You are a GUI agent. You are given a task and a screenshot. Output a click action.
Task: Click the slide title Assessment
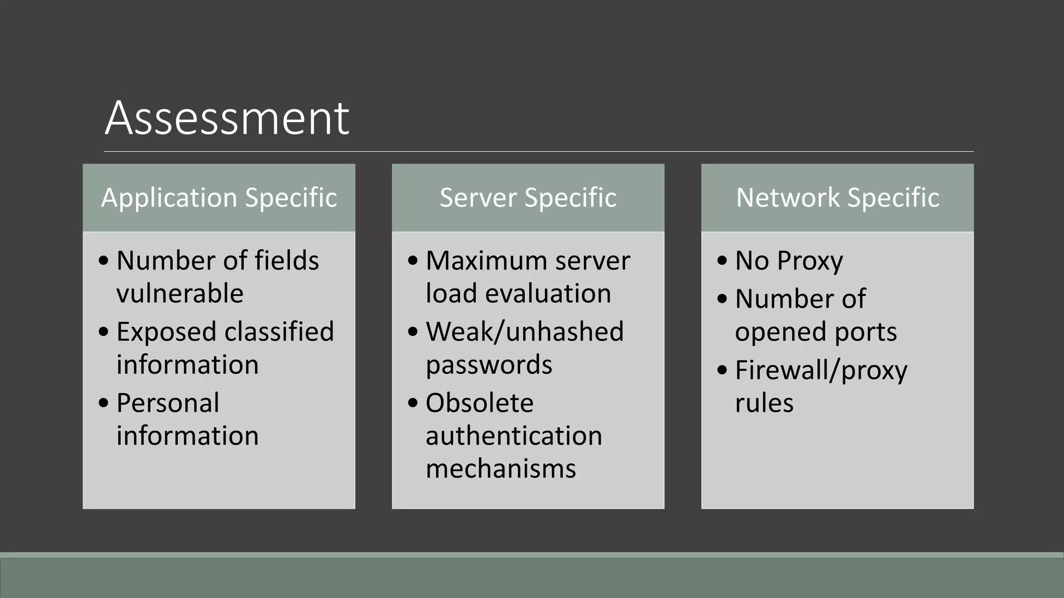(227, 118)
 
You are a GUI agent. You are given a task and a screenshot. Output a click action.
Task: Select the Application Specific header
(219, 198)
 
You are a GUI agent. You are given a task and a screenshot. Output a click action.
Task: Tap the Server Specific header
(528, 198)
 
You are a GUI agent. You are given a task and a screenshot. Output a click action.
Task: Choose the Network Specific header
(837, 198)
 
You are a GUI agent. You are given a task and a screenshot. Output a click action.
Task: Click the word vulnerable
(180, 294)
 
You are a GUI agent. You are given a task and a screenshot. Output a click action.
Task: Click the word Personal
(168, 403)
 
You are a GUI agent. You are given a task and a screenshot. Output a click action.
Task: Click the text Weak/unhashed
(525, 332)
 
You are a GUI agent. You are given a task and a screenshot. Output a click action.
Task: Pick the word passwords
(489, 365)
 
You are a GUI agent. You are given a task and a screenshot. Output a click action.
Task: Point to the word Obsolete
(480, 403)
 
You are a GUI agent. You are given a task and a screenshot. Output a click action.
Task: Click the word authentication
(514, 436)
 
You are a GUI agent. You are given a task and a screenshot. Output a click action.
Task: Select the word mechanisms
(501, 469)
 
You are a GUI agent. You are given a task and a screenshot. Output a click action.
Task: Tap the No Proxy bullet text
(789, 261)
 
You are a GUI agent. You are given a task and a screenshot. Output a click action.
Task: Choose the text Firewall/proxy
(821, 371)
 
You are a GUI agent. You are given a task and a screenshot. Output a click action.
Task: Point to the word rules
(764, 403)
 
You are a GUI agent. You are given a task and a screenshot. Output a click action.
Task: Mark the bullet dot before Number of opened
(722, 299)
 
